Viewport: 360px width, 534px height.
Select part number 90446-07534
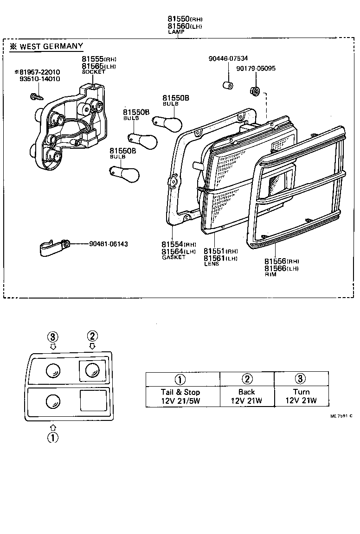coord(228,58)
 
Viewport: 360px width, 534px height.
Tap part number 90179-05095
coord(256,68)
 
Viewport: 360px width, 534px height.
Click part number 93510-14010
coord(39,79)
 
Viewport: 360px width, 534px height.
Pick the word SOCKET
coord(94,72)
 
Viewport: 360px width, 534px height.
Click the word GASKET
coord(174,257)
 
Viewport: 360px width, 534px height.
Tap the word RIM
coord(270,274)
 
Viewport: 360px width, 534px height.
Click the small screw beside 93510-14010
coord(35,96)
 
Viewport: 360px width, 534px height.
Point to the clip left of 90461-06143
coord(52,248)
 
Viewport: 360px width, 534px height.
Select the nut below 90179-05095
coord(254,91)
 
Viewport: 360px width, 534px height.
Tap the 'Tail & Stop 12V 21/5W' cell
coord(180,396)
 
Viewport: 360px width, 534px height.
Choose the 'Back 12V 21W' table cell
coord(246,396)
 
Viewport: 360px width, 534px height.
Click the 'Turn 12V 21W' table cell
coord(301,396)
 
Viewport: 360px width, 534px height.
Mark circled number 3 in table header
coord(301,379)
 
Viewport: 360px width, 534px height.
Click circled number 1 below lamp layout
coord(53,437)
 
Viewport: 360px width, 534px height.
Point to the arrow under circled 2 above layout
coord(92,346)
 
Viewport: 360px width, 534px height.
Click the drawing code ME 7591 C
coord(341,416)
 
